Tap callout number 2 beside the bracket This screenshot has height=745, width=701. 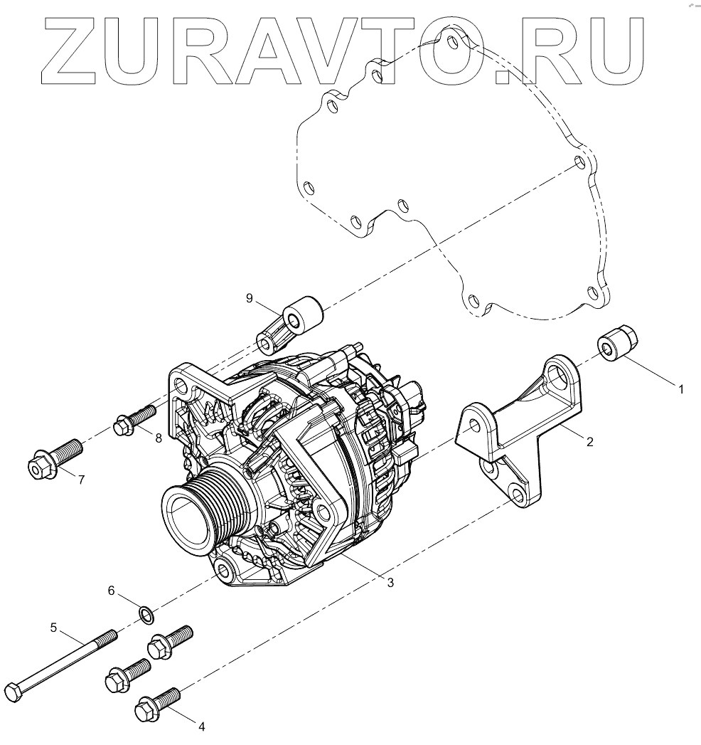(590, 442)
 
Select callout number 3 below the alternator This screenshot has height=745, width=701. (390, 583)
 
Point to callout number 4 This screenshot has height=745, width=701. (201, 726)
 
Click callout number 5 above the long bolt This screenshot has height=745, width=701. (53, 628)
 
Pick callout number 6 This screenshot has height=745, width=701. (112, 591)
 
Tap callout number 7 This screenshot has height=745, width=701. (82, 480)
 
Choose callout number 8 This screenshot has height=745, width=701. (159, 438)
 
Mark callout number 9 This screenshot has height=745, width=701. (250, 298)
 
